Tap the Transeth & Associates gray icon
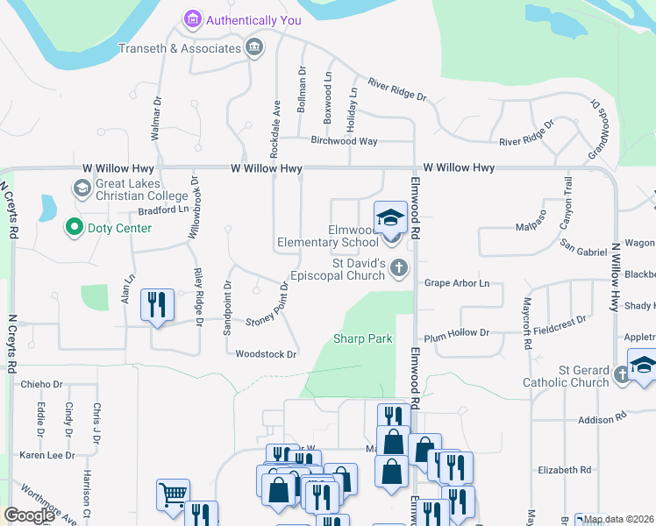tap(254, 46)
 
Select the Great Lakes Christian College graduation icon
tap(82, 188)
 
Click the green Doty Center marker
tap(74, 228)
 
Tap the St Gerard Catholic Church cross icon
tap(622, 374)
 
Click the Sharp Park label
tap(362, 338)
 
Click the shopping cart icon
tap(172, 494)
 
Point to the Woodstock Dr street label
tap(267, 354)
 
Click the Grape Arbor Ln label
tap(456, 283)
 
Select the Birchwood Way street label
tap(344, 140)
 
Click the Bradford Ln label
tap(163, 210)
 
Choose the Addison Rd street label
tap(601, 420)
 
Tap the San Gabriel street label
tap(583, 251)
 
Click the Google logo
tap(29, 515)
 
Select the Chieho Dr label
tap(42, 384)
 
